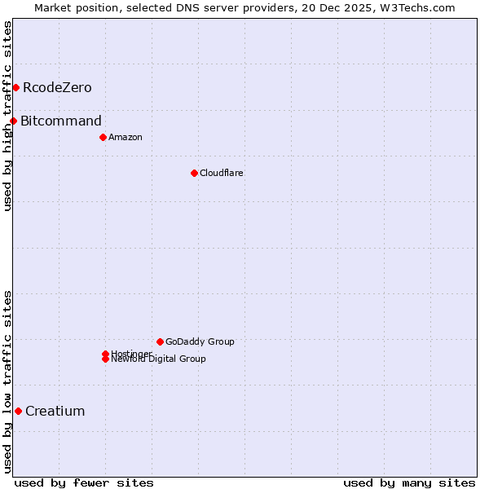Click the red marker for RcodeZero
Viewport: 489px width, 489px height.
click(x=15, y=87)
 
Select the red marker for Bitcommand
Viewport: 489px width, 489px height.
click(x=13, y=121)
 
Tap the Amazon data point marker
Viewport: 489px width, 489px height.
click(x=103, y=137)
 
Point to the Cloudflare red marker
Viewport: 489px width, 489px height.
click(x=194, y=173)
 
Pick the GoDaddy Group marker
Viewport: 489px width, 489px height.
click(x=160, y=341)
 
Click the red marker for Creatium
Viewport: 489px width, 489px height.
click(x=18, y=411)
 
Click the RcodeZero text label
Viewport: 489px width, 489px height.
click(x=57, y=87)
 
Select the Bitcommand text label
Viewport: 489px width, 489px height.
click(x=61, y=121)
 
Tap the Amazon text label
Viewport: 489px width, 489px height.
click(x=126, y=137)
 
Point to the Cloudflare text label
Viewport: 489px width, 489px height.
click(x=222, y=173)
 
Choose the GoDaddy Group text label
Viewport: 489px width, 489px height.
click(x=200, y=341)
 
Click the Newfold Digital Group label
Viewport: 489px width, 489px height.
click(x=159, y=359)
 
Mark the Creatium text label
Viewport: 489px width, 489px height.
click(x=55, y=411)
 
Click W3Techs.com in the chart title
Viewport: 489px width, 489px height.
click(x=421, y=7)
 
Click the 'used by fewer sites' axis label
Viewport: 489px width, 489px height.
click(x=84, y=482)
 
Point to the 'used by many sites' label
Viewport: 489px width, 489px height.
click(x=409, y=482)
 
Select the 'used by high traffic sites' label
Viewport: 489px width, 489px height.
click(x=7, y=116)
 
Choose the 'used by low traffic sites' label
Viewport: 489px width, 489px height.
click(x=7, y=381)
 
